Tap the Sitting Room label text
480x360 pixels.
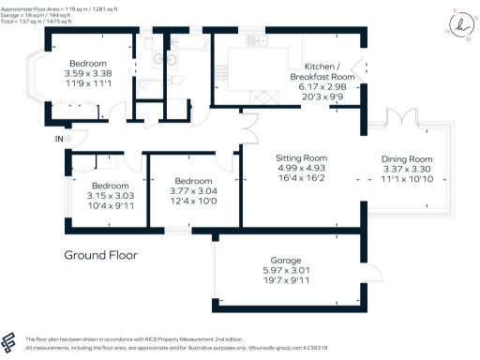pos(301,157)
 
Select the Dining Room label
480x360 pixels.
pos(406,159)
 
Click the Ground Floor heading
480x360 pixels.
pos(100,255)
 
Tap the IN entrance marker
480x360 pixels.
pos(60,139)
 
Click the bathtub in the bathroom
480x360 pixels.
pos(187,42)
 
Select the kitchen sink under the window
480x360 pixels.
pos(254,42)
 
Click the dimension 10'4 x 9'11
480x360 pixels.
pos(110,204)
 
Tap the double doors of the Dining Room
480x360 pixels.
pos(403,119)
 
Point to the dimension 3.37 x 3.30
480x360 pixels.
pos(406,169)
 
